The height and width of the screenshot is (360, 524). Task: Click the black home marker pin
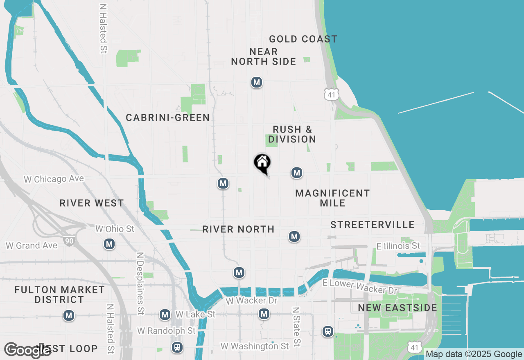point(262,163)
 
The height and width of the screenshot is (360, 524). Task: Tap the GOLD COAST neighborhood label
point(303,39)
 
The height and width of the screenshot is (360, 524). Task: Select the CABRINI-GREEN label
point(167,118)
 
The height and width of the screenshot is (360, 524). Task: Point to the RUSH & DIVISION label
point(292,134)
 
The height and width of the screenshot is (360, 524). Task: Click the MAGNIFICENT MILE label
point(332,198)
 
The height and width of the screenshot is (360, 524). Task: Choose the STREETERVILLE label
point(372,225)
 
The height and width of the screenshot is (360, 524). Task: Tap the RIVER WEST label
point(91,203)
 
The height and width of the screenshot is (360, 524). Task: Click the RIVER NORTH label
point(238,229)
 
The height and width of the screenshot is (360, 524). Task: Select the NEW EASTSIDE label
point(398,308)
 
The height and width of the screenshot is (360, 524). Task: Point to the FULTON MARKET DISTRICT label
point(59,295)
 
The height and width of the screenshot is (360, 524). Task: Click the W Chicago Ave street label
point(54,179)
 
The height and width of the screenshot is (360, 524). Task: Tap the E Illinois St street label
point(398,246)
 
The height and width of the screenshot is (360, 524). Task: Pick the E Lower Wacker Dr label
point(360,286)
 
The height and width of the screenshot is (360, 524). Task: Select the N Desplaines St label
point(140,283)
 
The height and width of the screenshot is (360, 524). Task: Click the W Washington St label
point(255,346)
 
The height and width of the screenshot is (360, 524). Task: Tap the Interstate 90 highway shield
point(69,241)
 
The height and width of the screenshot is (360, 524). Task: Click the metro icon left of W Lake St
point(165,315)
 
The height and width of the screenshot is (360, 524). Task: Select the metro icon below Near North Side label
point(257,82)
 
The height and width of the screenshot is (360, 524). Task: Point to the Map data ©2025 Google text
point(474,354)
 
